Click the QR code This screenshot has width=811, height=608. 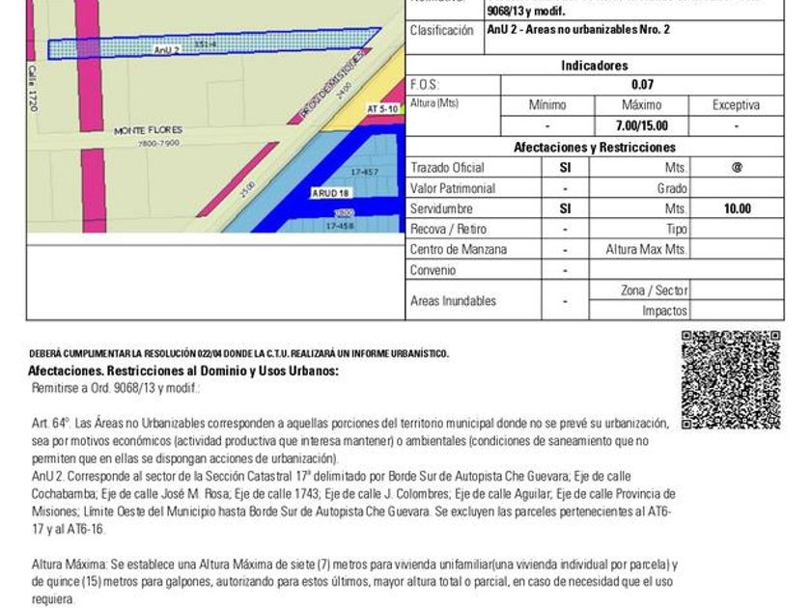point(731,379)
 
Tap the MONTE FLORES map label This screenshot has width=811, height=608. point(148,129)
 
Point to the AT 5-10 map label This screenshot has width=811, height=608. point(382,110)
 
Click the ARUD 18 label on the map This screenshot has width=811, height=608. point(325,193)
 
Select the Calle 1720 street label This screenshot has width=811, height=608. point(33,89)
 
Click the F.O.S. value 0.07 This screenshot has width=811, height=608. point(642,85)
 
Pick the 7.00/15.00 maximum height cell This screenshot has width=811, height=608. point(642,125)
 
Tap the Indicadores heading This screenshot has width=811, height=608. point(595,66)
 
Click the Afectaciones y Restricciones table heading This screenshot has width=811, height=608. point(595,148)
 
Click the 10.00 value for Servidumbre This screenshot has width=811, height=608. point(737,208)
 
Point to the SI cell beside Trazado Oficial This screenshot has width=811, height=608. point(566,167)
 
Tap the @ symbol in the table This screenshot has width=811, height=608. point(737,167)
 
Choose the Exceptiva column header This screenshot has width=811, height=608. point(737,105)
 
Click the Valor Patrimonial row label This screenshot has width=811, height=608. point(453,188)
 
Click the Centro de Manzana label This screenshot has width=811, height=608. point(459,249)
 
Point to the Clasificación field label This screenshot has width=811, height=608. point(442,30)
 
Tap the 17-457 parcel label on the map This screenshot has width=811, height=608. point(365,172)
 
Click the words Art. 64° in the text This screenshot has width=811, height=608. point(52,423)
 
